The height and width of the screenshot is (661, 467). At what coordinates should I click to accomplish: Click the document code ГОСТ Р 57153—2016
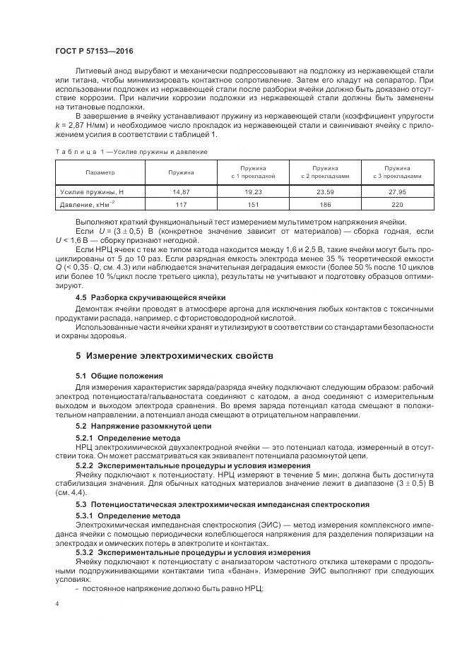click(94, 52)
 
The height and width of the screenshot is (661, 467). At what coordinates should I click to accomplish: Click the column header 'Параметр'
click(100, 172)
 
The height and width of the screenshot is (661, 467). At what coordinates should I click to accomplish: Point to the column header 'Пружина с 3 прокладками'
click(398, 172)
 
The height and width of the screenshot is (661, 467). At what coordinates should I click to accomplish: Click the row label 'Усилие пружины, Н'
click(92, 191)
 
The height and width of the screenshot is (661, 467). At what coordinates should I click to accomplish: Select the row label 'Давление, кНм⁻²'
click(90, 205)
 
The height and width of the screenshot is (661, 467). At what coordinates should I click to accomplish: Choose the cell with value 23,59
click(325, 191)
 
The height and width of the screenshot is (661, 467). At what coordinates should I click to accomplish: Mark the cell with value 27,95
click(398, 191)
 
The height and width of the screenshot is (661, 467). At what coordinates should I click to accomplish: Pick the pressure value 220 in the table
click(398, 205)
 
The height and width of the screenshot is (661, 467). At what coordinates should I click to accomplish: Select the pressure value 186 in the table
click(325, 205)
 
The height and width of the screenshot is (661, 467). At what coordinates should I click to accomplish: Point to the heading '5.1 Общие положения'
click(119, 376)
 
